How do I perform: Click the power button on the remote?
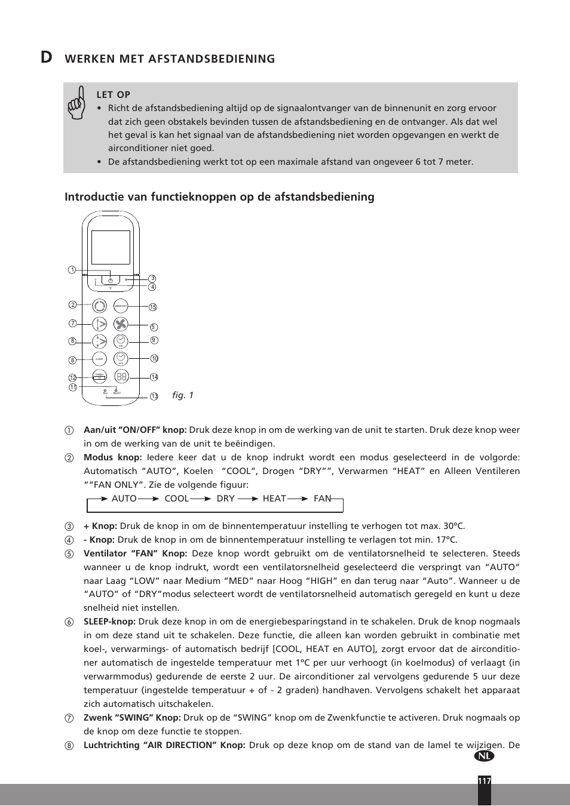coord(111,279)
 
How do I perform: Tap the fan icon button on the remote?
coord(121,324)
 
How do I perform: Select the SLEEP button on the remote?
coord(99,359)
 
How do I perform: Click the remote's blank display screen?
coord(111,247)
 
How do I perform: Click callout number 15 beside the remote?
coord(153,307)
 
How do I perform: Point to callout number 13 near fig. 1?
coord(154,396)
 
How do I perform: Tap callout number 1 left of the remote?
coord(72,270)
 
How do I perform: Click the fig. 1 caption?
coord(182,395)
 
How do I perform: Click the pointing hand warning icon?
coord(76,103)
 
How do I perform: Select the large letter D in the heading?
coord(46,57)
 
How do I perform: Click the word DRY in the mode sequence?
coord(225,499)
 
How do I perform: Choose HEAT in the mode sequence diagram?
coord(274,499)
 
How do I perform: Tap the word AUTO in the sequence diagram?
coord(124,499)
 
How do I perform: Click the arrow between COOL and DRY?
coord(201,499)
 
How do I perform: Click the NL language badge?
coord(485,756)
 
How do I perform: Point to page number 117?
coord(484,781)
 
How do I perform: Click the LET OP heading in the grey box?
coord(113,94)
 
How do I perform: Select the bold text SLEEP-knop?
coord(109,622)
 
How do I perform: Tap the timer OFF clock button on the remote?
coord(121,358)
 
